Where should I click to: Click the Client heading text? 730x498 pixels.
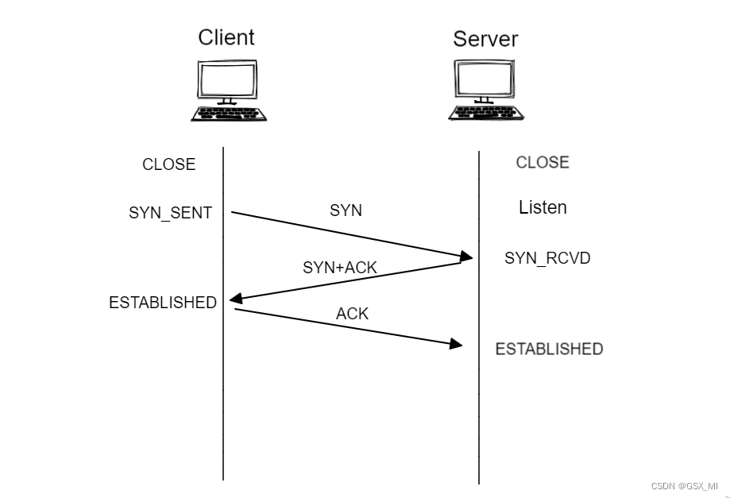pyautogui.click(x=226, y=37)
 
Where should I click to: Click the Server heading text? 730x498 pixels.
pyautogui.click(x=485, y=39)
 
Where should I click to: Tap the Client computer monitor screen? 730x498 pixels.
pyautogui.click(x=227, y=79)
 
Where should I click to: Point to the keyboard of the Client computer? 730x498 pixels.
pyautogui.click(x=228, y=114)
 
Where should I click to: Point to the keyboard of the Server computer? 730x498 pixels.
pyautogui.click(x=485, y=113)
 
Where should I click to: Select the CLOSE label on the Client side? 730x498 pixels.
pyautogui.click(x=168, y=164)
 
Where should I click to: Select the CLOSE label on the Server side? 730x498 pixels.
pyautogui.click(x=543, y=162)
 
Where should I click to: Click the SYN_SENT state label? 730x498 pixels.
pyautogui.click(x=170, y=213)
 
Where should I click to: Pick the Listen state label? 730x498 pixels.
pyautogui.click(x=543, y=208)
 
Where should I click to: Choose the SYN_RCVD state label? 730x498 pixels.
pyautogui.click(x=547, y=258)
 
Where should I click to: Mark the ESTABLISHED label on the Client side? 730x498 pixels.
pyautogui.click(x=163, y=303)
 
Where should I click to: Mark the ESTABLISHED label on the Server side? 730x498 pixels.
pyautogui.click(x=549, y=349)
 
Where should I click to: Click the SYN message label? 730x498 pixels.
pyautogui.click(x=346, y=210)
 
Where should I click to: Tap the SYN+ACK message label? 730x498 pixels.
pyautogui.click(x=339, y=268)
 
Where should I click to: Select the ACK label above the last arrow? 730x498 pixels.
pyautogui.click(x=352, y=314)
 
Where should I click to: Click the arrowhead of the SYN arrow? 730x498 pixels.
pyautogui.click(x=466, y=257)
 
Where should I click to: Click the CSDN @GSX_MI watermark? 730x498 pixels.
pyautogui.click(x=684, y=485)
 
